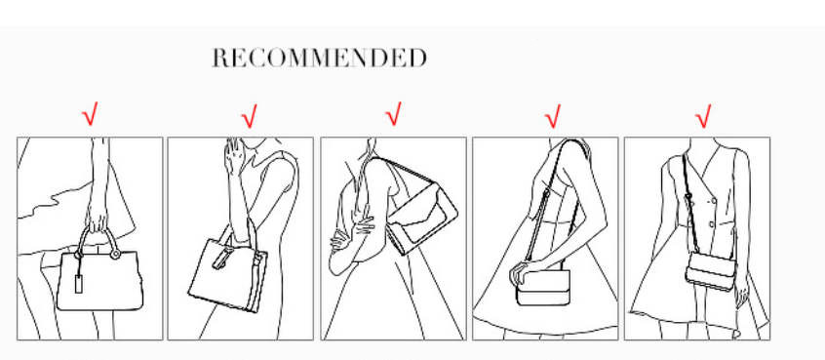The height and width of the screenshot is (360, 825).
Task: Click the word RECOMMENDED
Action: point(320,58)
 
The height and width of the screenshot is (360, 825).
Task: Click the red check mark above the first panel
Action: point(90,114)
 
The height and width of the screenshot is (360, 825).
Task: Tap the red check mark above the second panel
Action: point(250,116)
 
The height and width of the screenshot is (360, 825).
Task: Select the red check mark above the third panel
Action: point(394,114)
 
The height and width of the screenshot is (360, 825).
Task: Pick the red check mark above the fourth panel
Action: point(553,116)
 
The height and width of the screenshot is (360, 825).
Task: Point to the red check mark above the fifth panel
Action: point(703,116)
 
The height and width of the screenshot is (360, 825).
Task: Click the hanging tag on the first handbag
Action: point(79,283)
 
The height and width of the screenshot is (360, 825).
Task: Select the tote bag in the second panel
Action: point(228,269)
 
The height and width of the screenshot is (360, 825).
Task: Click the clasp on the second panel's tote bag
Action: point(222,260)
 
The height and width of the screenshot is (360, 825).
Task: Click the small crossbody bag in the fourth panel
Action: point(543,288)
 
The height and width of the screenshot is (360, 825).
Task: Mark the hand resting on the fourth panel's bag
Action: point(520,272)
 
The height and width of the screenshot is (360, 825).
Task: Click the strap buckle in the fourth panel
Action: point(546,197)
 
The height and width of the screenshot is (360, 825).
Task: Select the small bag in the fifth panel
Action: point(711,270)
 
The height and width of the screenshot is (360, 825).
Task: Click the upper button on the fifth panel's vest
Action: point(715,199)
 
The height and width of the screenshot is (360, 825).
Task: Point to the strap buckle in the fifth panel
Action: point(688,198)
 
